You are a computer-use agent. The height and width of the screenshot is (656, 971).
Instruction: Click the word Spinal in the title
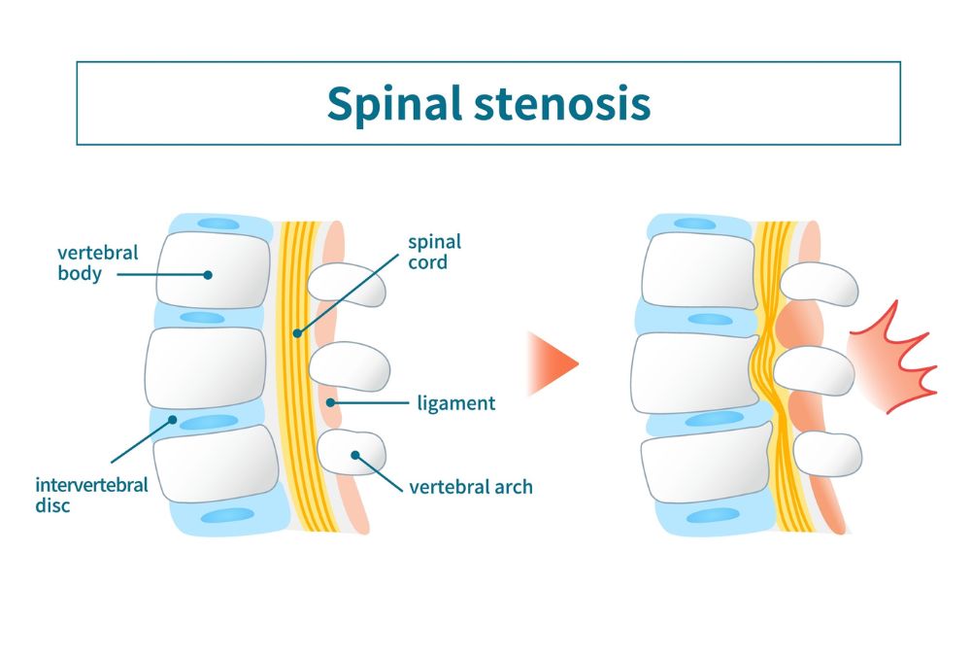click(x=394, y=103)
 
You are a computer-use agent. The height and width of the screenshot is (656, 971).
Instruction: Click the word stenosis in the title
click(x=562, y=103)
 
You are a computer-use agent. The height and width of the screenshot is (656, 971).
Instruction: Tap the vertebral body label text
click(x=98, y=263)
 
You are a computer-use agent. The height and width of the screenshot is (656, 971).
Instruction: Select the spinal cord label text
click(x=434, y=252)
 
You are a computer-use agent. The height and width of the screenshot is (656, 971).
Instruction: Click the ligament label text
click(x=455, y=403)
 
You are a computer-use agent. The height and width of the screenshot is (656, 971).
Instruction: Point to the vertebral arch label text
click(x=471, y=487)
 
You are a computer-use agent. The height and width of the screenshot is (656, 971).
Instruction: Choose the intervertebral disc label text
click(x=91, y=495)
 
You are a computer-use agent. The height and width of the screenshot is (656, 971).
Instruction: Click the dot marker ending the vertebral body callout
click(x=208, y=275)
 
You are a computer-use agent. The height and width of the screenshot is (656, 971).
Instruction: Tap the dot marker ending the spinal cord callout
click(x=297, y=333)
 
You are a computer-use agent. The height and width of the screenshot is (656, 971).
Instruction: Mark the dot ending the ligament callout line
click(x=331, y=403)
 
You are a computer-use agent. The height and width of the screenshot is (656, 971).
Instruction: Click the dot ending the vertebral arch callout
click(x=354, y=455)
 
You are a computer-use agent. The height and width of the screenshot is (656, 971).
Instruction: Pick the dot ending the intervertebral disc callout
click(x=173, y=420)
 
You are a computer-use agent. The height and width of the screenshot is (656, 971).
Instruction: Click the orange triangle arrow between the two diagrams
click(x=552, y=363)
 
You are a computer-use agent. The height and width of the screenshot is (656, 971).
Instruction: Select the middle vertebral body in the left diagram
click(x=206, y=368)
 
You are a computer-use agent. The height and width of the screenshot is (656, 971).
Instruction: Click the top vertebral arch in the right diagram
click(x=819, y=284)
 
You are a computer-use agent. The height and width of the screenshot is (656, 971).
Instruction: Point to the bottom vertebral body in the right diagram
click(x=707, y=462)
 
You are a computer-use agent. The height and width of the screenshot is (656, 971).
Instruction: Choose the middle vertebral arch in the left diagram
click(x=349, y=366)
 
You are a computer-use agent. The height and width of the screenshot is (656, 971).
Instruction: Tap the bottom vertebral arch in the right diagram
click(x=827, y=454)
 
